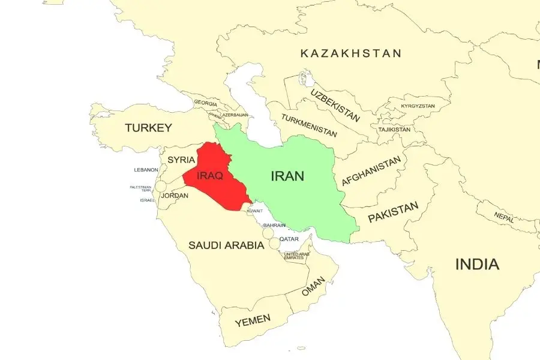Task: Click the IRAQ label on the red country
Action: [210, 176]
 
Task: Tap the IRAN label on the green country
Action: [287, 176]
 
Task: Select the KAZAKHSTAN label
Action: [351, 53]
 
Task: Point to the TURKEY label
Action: [148, 128]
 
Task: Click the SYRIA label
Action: [181, 160]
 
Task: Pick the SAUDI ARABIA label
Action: [226, 245]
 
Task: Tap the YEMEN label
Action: [253, 321]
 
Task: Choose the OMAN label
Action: [313, 286]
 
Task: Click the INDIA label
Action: [477, 264]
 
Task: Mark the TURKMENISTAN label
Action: [308, 123]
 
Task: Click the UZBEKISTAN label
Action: [335, 105]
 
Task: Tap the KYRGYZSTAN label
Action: [418, 106]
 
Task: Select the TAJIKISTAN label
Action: [394, 130]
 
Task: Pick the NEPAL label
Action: [504, 217]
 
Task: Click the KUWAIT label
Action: [254, 211]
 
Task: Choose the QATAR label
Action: [289, 239]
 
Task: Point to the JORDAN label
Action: [175, 196]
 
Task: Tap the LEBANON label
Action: [146, 170]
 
